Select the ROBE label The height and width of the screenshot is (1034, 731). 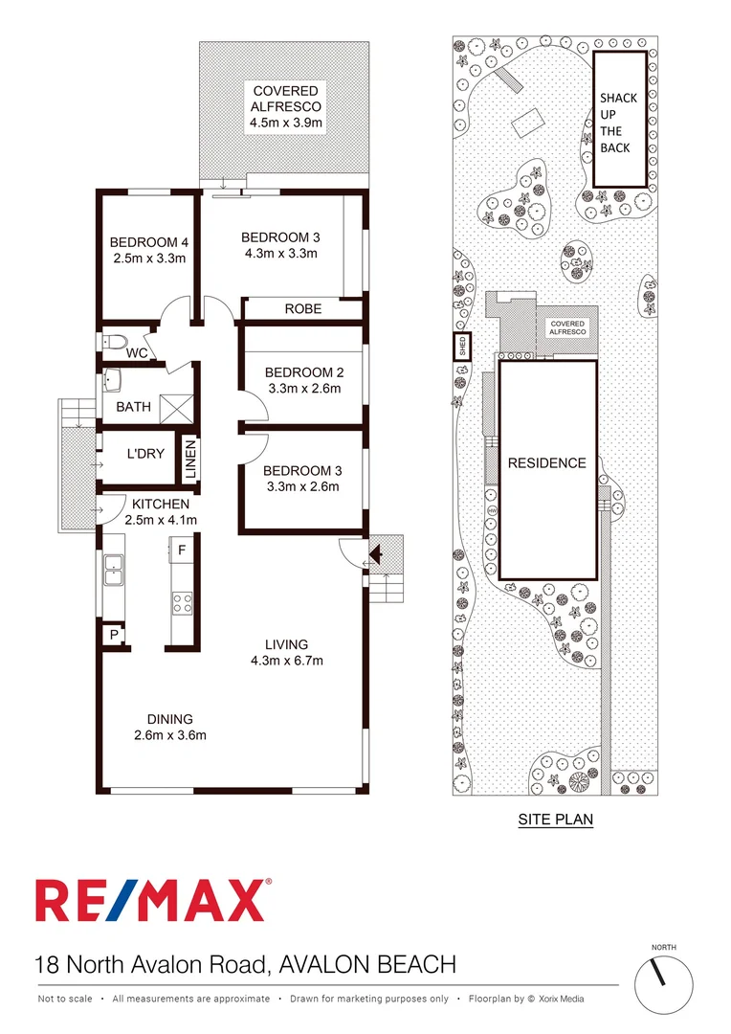[302, 309]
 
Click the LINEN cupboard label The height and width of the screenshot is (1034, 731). [189, 461]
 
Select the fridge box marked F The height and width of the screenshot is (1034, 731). [181, 551]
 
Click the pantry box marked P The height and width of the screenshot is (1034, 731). [113, 634]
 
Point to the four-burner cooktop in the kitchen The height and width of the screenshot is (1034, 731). [181, 602]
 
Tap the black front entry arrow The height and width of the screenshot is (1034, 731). [376, 553]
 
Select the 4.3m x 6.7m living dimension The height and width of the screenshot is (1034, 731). [286, 661]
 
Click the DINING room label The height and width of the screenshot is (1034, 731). [169, 719]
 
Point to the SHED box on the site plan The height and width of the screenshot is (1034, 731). [462, 346]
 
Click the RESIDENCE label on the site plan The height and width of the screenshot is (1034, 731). [546, 463]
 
